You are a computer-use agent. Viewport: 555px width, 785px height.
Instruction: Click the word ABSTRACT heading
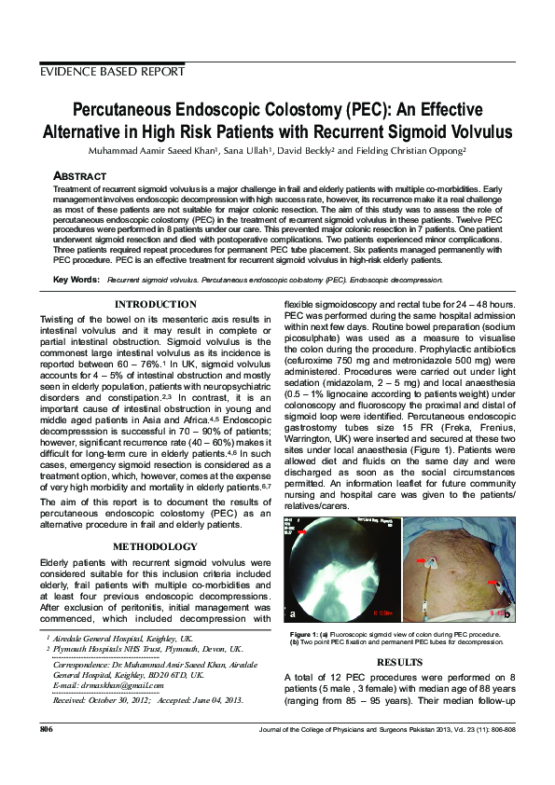81,175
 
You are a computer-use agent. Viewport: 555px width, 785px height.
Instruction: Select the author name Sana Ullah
221,150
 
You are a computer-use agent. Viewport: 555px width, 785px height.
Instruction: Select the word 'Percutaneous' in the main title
140,109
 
